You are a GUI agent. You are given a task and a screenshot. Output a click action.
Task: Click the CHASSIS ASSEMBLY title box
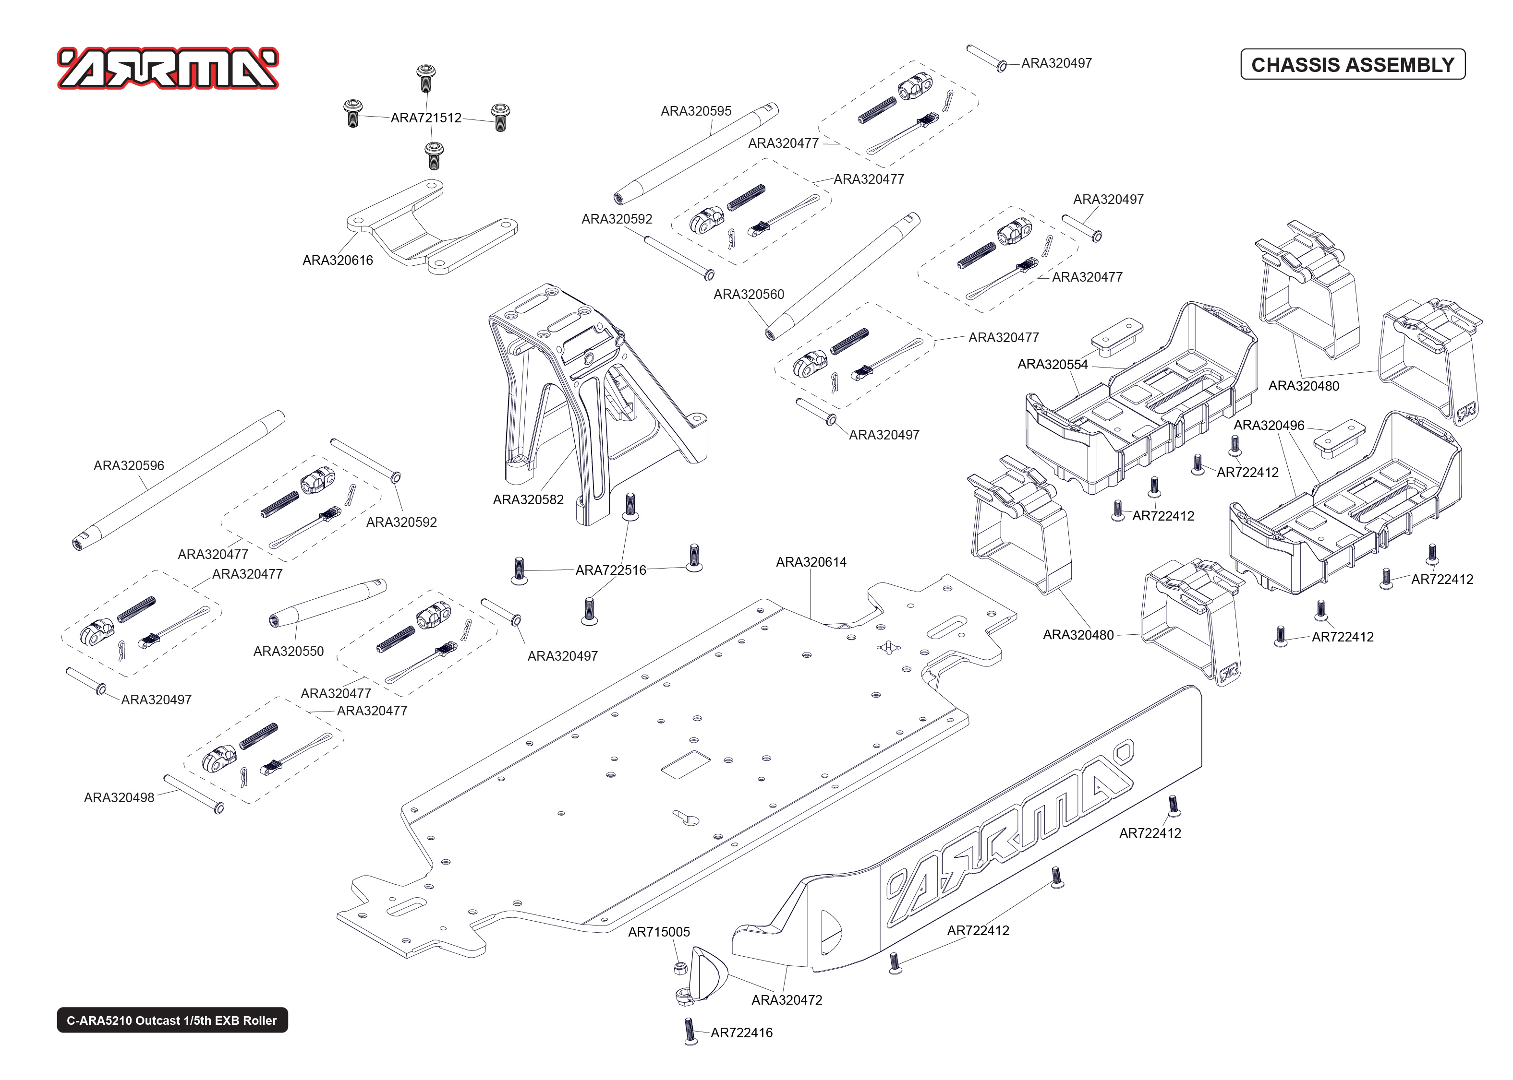click(1352, 64)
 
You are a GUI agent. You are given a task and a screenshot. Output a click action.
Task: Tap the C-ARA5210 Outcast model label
click(172, 1020)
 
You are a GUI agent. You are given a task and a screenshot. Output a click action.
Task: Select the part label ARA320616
click(338, 260)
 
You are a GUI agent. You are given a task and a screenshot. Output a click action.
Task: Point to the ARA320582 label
click(528, 499)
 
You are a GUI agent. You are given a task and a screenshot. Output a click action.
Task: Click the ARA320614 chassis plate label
click(811, 562)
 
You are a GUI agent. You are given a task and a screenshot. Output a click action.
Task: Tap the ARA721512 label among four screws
click(426, 118)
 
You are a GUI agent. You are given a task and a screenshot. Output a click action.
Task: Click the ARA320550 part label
click(288, 651)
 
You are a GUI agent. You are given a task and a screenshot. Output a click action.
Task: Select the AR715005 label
click(659, 932)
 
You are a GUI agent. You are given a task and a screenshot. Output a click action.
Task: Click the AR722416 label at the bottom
click(741, 1033)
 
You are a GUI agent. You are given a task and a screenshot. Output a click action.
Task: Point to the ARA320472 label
click(787, 1000)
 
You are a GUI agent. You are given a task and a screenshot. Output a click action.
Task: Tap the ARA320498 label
click(119, 797)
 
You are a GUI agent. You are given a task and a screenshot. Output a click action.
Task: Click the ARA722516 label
click(610, 570)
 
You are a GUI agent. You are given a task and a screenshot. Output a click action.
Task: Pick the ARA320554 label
click(1052, 365)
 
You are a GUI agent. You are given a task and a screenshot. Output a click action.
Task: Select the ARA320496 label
click(1268, 425)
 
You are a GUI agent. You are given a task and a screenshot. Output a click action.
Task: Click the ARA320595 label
click(695, 111)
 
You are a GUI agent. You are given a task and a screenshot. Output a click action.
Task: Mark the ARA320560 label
click(749, 294)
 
